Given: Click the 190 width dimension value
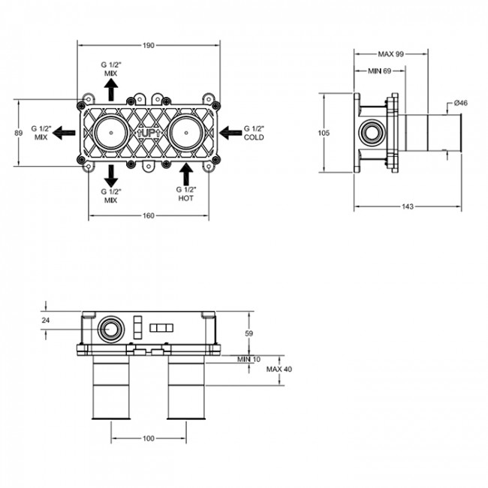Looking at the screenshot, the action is pos(149,46).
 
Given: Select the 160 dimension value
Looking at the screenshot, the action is pos(149,215).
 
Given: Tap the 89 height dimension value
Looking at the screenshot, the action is pos(19,133).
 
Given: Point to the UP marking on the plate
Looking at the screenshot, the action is pos(149,133).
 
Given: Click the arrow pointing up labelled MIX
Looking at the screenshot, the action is pos(111,89).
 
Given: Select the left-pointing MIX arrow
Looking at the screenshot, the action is pos(64,133).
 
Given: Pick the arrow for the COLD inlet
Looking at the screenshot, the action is pos(230,133).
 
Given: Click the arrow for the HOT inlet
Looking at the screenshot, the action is pos(186,174).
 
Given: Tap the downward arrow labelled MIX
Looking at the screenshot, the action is pos(111,176).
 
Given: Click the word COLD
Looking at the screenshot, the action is pos(254,137).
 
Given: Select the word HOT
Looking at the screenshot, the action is pos(185,198).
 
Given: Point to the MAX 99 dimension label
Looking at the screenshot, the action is pos(390,54).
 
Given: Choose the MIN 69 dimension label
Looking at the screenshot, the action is pos(379,71).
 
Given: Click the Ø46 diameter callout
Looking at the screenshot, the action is pos(461,103).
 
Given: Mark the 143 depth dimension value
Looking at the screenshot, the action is pos(408,206).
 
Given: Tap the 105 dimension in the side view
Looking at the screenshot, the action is pos(324,133).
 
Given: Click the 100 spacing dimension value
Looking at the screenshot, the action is pos(149,438).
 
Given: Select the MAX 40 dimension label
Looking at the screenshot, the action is pos(279,369).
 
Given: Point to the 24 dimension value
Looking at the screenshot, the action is pos(46,320).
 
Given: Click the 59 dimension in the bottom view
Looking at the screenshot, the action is pos(249,333).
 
